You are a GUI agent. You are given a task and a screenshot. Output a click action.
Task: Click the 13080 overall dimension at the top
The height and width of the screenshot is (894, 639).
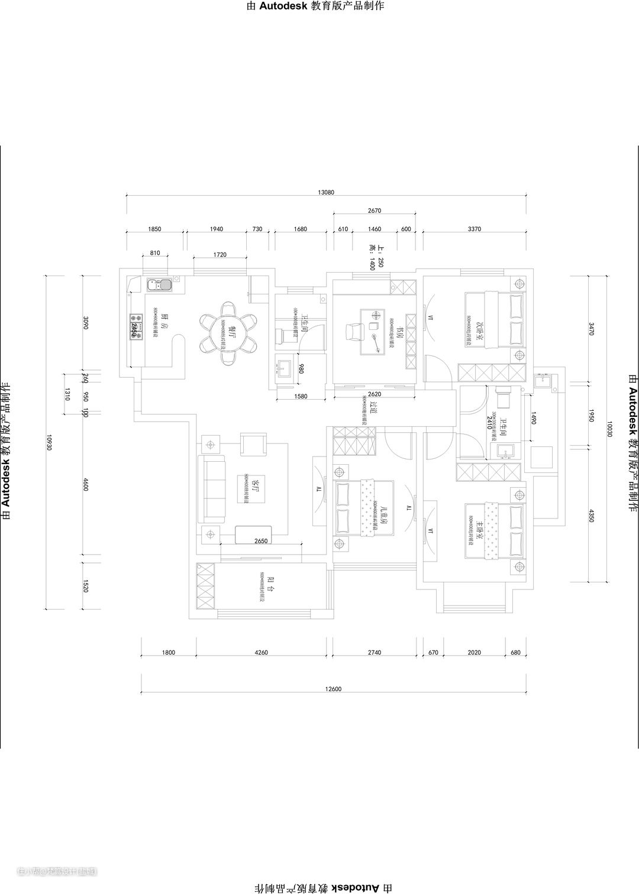326,192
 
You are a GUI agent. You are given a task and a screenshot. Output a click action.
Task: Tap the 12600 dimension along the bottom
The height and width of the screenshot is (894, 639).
334,688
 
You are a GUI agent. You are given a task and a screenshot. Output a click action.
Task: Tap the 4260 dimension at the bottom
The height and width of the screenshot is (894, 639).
261,653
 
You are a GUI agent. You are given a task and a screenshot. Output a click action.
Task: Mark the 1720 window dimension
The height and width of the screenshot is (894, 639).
220,255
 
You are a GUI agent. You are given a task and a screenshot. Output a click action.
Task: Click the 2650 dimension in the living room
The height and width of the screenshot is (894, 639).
261,541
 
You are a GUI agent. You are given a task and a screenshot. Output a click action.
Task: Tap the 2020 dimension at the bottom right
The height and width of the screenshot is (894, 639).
474,653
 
